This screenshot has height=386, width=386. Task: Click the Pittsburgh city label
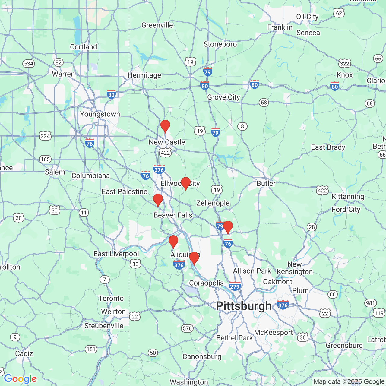point(244,306)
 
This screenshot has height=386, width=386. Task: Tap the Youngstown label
point(100,114)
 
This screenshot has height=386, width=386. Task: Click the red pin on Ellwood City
point(185,183)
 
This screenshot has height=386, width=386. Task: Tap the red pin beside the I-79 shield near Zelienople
point(228,227)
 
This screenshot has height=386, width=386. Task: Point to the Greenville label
point(157,25)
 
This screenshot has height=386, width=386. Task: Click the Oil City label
point(307,17)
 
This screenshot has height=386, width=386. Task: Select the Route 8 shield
point(242,126)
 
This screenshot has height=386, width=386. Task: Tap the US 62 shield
point(339,13)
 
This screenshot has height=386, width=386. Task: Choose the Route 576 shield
point(187,328)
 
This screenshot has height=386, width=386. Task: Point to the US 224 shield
point(45,136)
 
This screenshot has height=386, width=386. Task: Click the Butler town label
point(266,183)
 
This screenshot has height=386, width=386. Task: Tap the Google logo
point(20,379)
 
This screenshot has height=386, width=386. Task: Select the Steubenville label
point(104,326)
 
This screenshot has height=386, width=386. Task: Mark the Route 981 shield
point(370,303)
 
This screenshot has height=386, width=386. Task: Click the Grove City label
point(223,97)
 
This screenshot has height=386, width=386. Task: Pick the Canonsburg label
point(202,357)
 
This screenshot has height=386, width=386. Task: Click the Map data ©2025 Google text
point(349,382)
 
